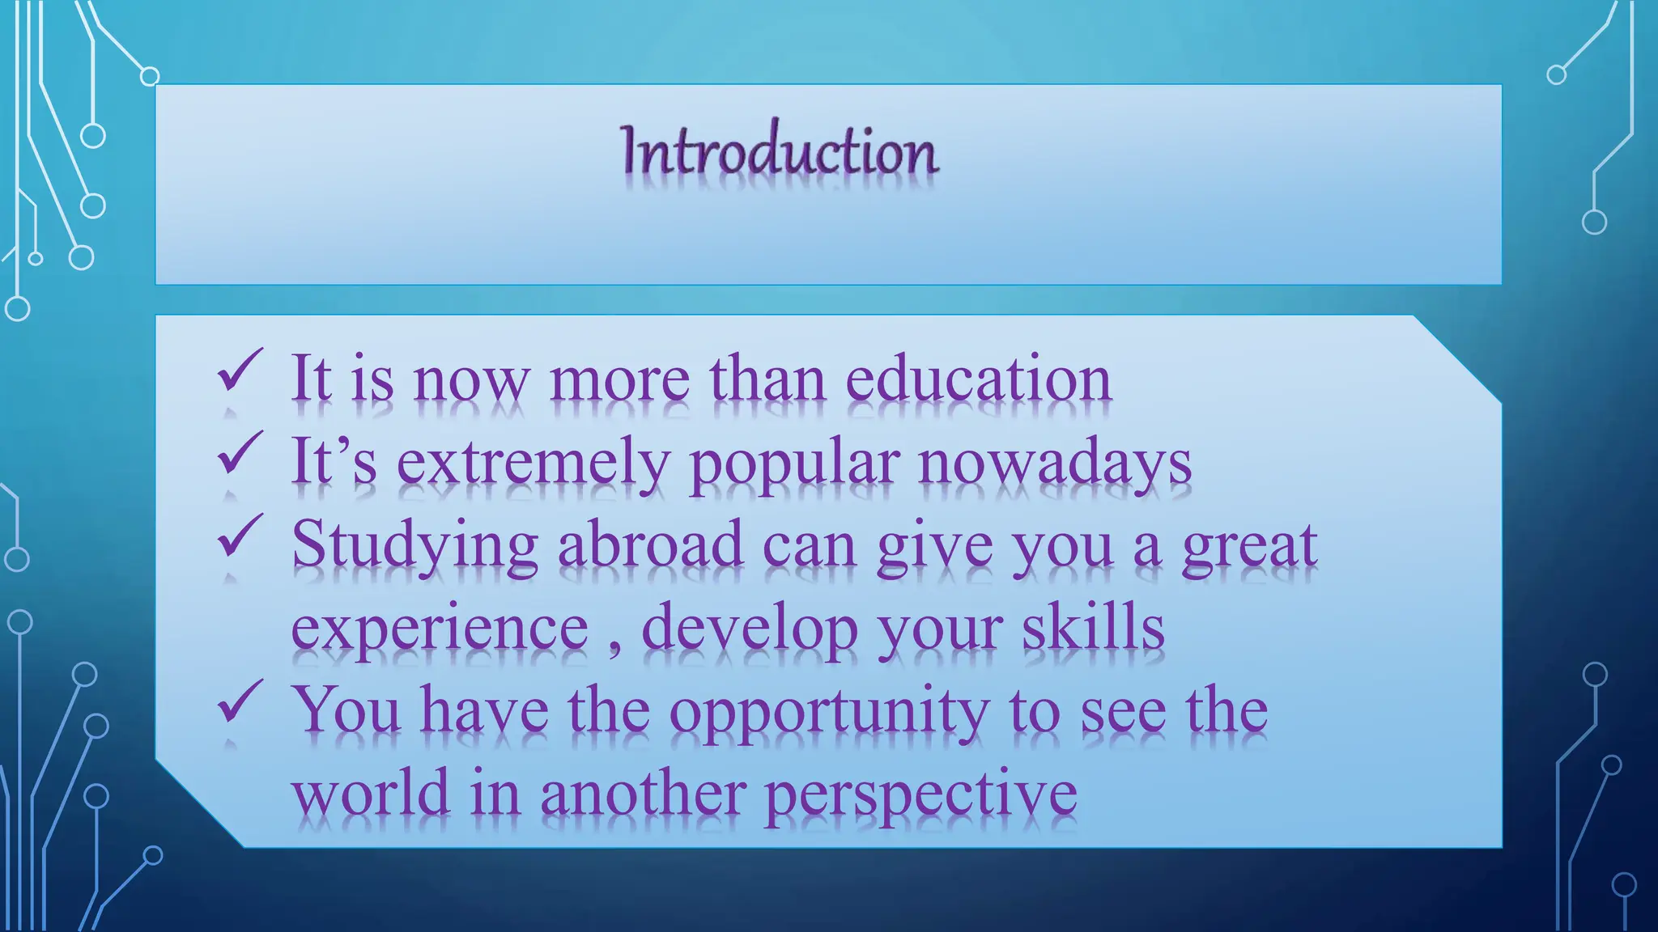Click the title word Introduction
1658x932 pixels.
[x=780, y=151]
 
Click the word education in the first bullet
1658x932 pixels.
[x=978, y=379]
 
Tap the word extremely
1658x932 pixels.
[x=533, y=463]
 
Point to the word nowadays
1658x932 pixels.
[x=1054, y=464]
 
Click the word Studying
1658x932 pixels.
[x=414, y=547]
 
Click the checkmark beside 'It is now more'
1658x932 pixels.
[x=240, y=370]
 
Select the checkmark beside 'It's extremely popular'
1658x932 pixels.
[x=240, y=453]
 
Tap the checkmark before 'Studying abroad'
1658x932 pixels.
[x=240, y=536]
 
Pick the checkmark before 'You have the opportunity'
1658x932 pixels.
[x=240, y=701]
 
